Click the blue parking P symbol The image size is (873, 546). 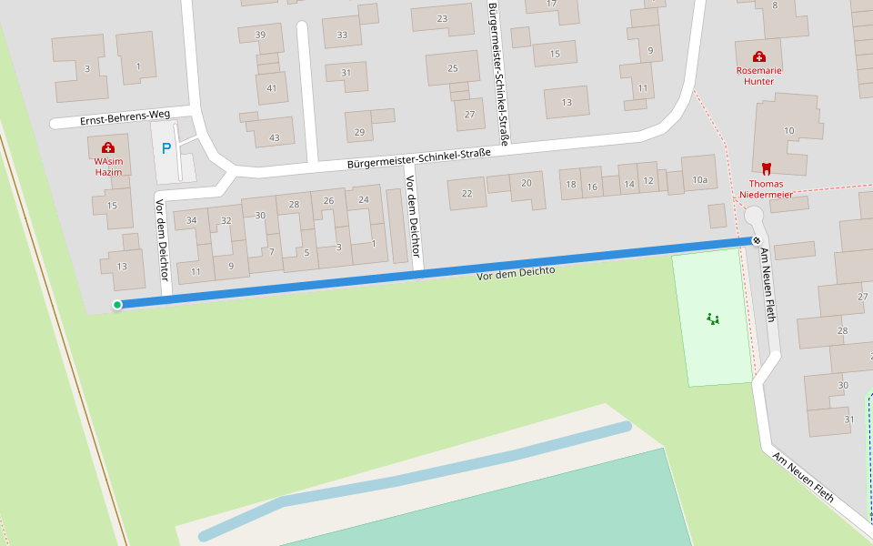coord(166,148)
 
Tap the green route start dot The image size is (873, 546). coord(117,305)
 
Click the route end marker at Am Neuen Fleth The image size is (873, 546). coord(757,240)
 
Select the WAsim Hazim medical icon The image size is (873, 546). coord(108,147)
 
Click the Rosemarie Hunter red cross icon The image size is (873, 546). coord(759,57)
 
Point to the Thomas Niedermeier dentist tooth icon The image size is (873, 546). coord(766,168)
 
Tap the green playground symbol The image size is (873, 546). coord(713,318)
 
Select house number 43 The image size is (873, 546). coord(274,137)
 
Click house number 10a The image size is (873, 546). coord(699,180)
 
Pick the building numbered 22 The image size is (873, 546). coord(467,193)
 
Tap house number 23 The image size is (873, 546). coord(442,18)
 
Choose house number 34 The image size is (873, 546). coord(191,220)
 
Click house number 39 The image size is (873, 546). coord(260,35)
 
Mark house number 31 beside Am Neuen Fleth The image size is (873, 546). coord(849,419)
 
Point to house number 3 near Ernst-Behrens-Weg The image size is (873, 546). coord(86,68)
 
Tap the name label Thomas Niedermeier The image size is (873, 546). coord(766,188)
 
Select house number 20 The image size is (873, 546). coord(526,183)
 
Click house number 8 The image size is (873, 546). coord(775,5)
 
